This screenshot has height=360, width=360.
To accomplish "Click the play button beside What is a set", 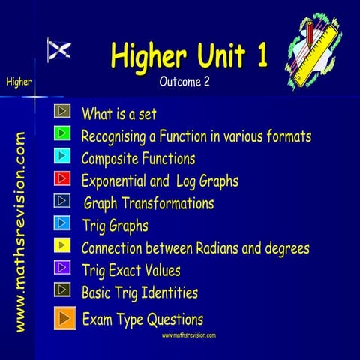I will pos(63,112).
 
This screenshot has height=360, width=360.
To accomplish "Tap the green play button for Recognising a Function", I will pos(63,134).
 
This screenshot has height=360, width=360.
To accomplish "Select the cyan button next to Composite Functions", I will pos(63,157).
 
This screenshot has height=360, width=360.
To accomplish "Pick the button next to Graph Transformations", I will pos(63,201).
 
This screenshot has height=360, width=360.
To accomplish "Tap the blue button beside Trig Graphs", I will pos(63,223).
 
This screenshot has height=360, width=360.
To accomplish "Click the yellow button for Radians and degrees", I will pos(63,245).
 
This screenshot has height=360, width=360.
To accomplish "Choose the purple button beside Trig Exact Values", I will pos(63,267).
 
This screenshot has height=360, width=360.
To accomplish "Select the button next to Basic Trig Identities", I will pos(63,289).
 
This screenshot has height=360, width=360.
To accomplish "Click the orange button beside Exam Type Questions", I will pos(64,317).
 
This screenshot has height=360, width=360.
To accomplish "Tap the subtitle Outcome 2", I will pos(184,82).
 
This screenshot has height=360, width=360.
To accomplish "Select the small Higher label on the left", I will pos(17,81).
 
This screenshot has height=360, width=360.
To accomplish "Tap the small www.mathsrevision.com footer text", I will pos(189,334).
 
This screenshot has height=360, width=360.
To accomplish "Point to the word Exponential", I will pos(112,181).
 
